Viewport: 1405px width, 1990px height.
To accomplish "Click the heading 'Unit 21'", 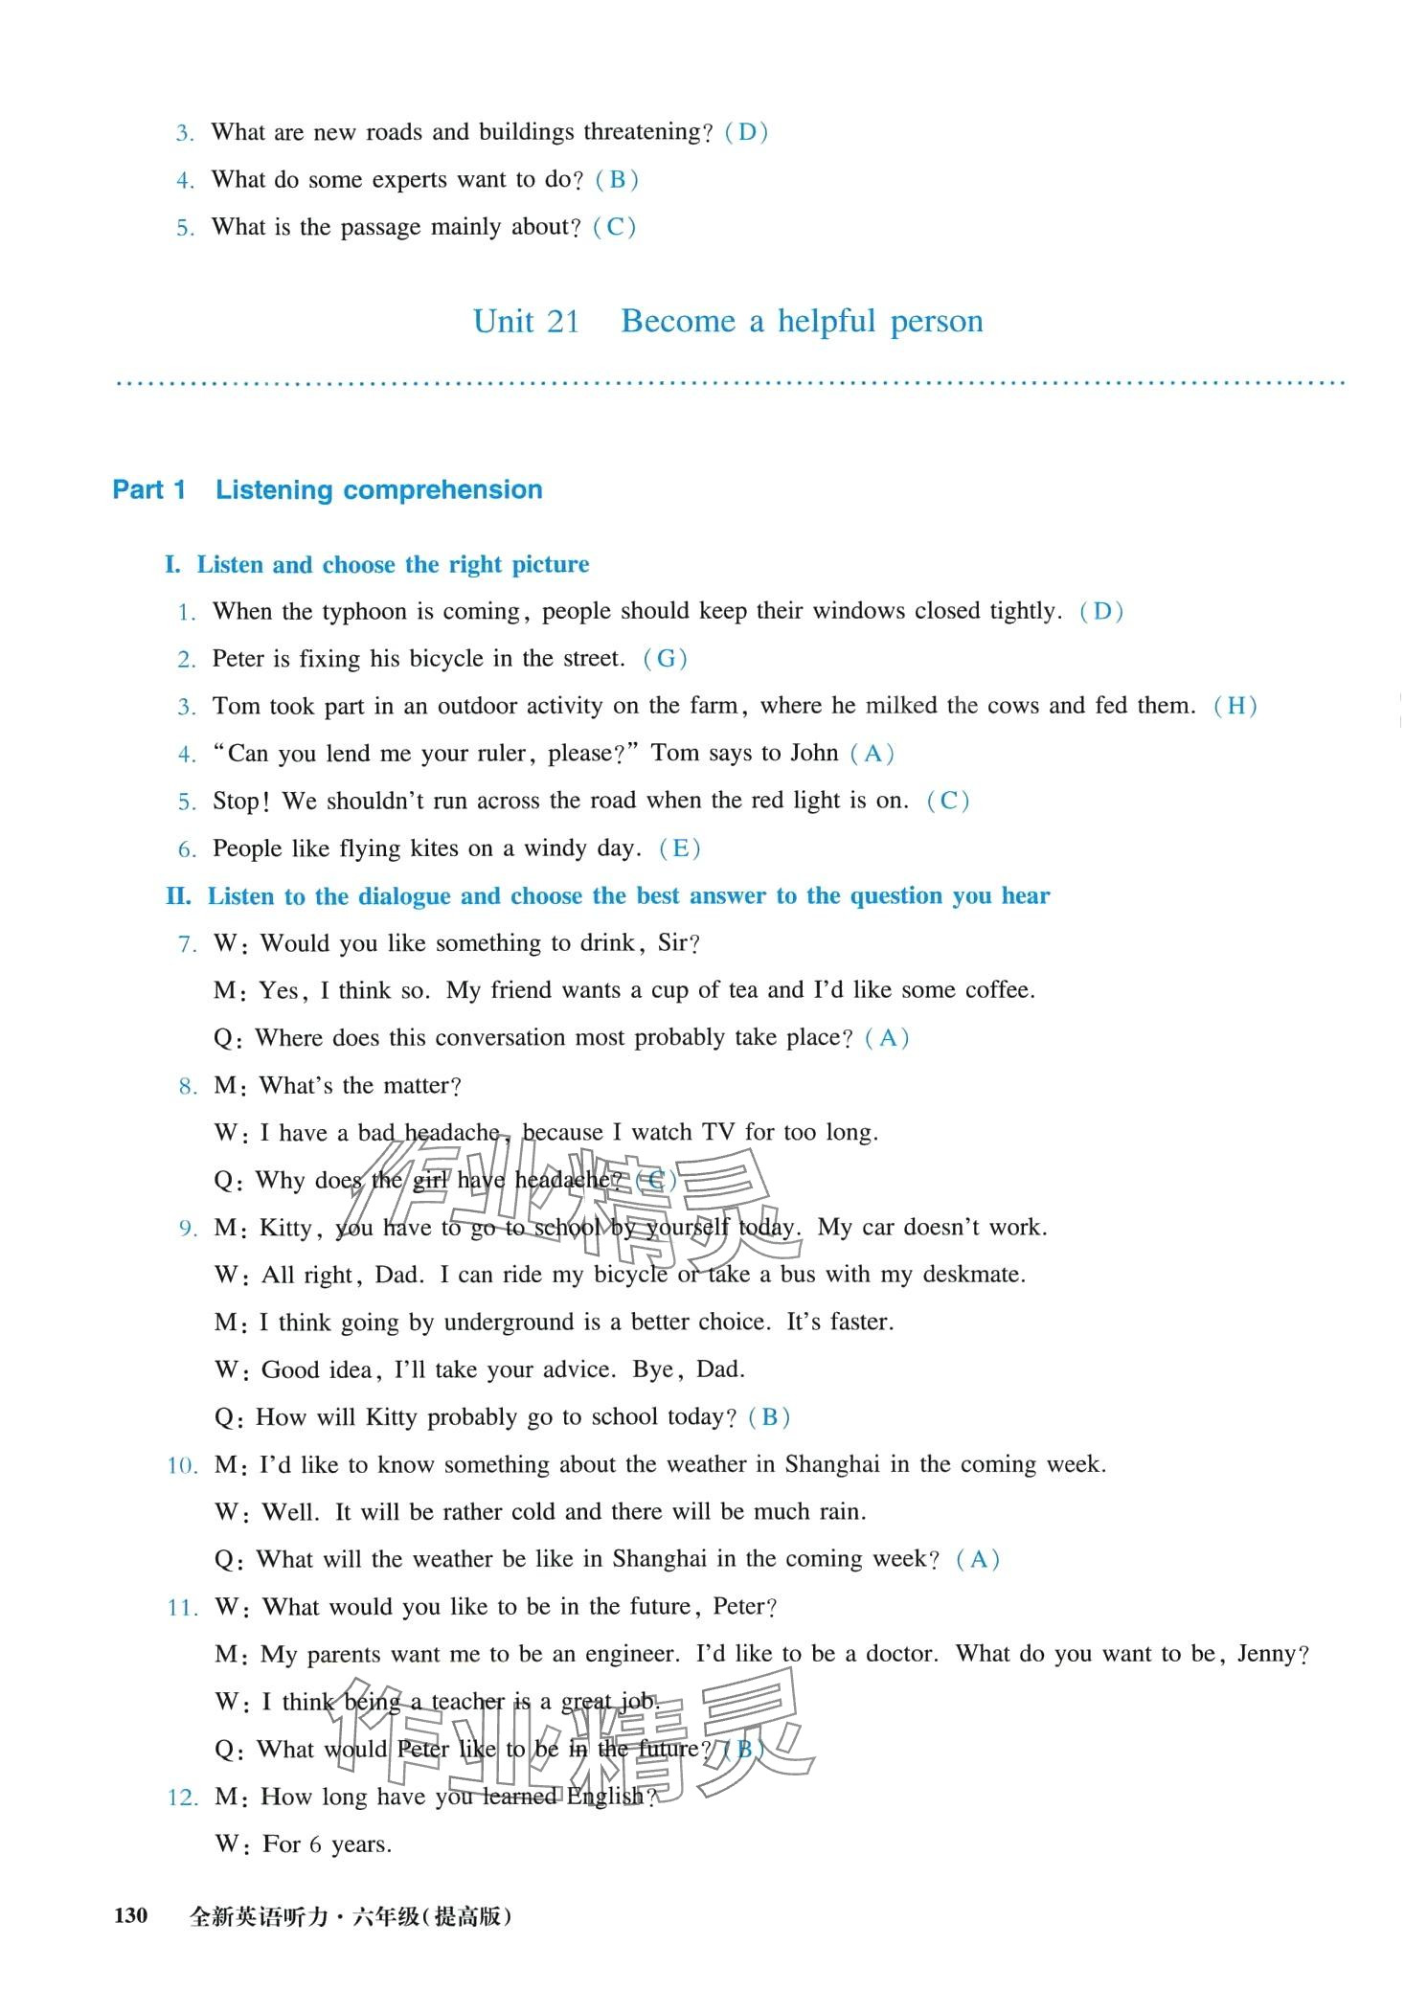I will coord(527,322).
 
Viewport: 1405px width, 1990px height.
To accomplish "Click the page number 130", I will coord(131,1915).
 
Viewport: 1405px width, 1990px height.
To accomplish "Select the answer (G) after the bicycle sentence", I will coord(666,659).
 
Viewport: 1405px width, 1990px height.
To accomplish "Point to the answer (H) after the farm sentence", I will coord(1235,707).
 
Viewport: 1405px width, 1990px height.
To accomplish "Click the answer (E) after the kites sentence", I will coord(680,848).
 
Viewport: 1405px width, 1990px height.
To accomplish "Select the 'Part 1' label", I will coord(149,490).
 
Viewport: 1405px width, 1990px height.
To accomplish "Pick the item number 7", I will coord(188,944).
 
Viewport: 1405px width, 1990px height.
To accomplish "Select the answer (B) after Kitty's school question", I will coord(769,1417).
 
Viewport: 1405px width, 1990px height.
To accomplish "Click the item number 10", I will coord(182,1465).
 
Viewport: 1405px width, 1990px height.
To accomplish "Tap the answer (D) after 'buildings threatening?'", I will coord(747,132).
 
